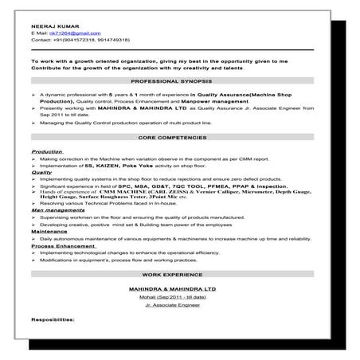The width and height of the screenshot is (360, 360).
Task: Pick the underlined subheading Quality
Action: click(x=41, y=171)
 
